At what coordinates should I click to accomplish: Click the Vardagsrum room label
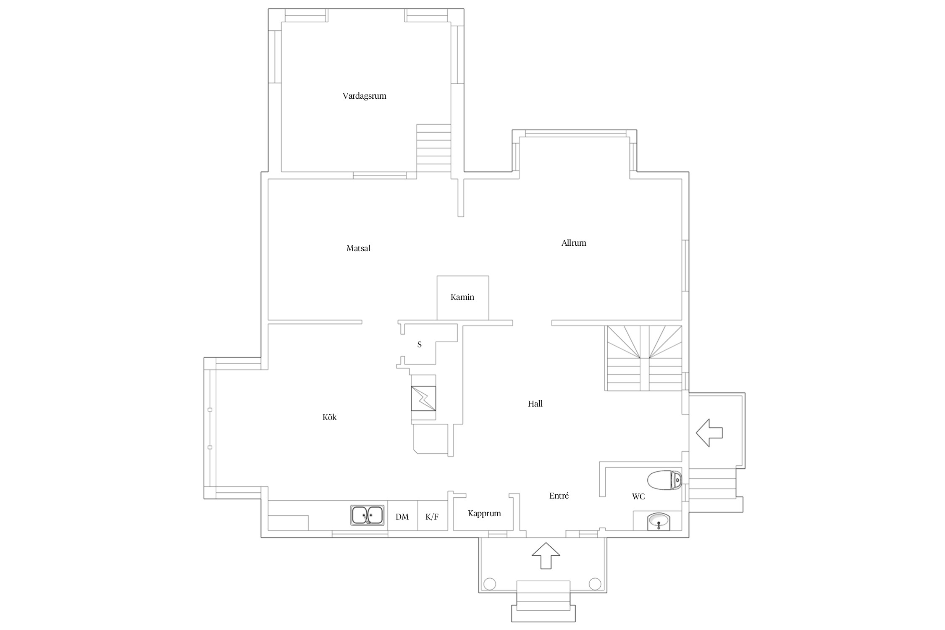(x=364, y=96)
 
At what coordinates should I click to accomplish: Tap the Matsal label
(x=358, y=248)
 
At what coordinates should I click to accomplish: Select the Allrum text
(x=574, y=243)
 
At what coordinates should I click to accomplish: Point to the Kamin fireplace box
(x=463, y=298)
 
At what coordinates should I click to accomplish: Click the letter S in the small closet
(x=419, y=344)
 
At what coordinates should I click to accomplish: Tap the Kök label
(x=330, y=417)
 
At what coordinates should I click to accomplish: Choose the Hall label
(x=535, y=404)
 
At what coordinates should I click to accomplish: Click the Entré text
(x=559, y=496)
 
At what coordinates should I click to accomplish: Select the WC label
(x=638, y=496)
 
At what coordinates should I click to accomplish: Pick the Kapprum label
(x=484, y=514)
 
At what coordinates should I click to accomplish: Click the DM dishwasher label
(x=402, y=517)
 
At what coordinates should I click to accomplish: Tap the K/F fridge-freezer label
(x=432, y=517)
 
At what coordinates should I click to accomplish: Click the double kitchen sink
(x=367, y=515)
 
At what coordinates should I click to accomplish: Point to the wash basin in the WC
(x=659, y=521)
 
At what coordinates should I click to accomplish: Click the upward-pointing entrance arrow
(x=546, y=555)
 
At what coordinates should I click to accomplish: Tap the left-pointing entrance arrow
(x=709, y=433)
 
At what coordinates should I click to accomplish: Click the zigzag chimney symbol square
(x=423, y=398)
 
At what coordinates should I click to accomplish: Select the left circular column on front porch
(x=490, y=584)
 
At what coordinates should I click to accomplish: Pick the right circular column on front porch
(x=595, y=584)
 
